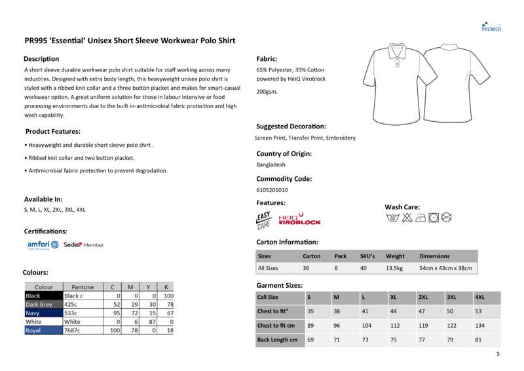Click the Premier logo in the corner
[x=491, y=25]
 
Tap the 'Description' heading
[x=41, y=59]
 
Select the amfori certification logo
[x=43, y=244]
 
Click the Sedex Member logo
[x=83, y=244]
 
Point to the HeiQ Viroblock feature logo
[x=300, y=220]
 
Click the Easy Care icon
[x=263, y=220]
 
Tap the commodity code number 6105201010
[x=272, y=190]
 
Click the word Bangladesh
[x=271, y=165]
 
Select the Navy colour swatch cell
[x=43, y=313]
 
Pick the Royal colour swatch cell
[x=43, y=330]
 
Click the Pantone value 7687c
[x=73, y=330]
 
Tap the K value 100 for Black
[x=168, y=296]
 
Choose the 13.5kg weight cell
[x=395, y=268]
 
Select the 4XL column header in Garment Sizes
[x=480, y=297]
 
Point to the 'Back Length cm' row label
[x=277, y=340]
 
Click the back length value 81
[x=479, y=340]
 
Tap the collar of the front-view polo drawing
[x=398, y=50]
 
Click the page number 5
[x=498, y=354]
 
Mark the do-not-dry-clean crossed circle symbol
[x=447, y=216]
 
